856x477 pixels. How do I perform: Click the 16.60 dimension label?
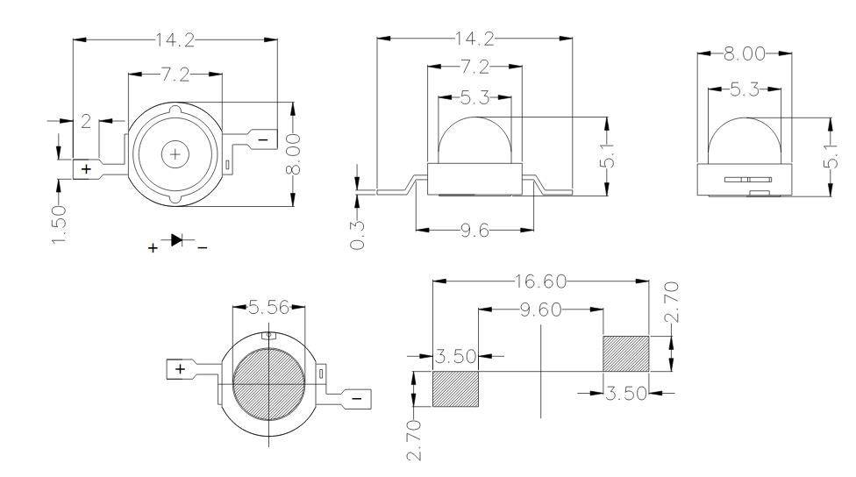coord(541,281)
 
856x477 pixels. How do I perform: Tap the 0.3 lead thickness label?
coord(357,235)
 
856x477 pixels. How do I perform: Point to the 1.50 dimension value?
coord(60,225)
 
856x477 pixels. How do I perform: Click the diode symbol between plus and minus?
coord(178,239)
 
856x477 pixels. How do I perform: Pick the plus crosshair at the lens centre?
coord(175,154)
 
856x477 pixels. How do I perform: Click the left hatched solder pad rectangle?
coord(457,388)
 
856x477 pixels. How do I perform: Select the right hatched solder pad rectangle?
coord(625,353)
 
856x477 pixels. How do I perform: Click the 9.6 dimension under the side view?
coord(474,231)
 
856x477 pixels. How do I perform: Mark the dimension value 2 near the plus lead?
coord(86,121)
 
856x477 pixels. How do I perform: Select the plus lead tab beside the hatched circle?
coord(181,369)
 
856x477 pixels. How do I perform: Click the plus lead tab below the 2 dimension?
coord(87,168)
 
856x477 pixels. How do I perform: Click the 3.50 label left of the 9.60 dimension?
coord(455,356)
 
